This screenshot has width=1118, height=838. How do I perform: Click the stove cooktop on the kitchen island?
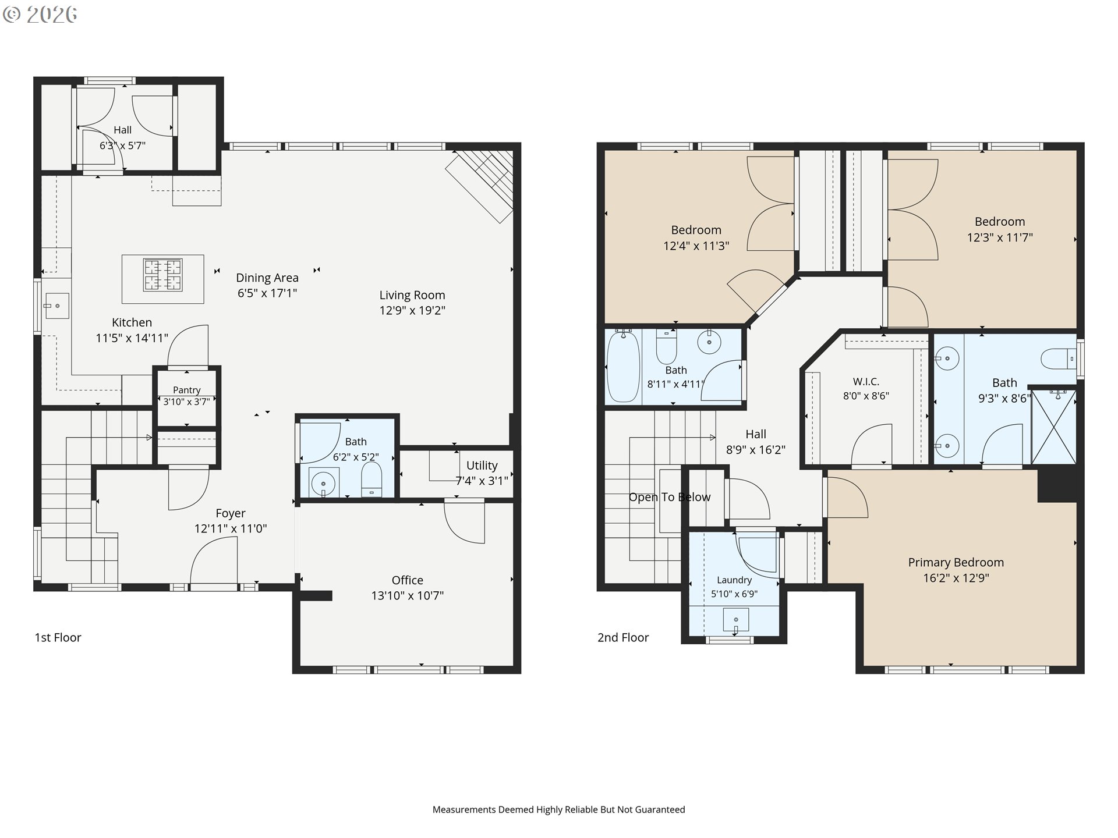pos(163,275)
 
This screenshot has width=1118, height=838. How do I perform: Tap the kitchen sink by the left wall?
pos(57,306)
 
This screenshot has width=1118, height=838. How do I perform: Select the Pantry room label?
pos(186,390)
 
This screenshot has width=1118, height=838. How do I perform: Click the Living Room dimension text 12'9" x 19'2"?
pos(412,311)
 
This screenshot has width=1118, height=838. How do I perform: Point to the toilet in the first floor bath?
pos(372,480)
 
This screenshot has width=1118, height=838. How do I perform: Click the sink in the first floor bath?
pos(323,483)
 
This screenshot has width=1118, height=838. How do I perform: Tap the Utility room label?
pos(482,466)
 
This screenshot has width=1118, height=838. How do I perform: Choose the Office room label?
pos(408,580)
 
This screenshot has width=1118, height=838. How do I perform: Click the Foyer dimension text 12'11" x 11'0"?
pos(231,529)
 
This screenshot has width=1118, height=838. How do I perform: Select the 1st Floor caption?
pos(58,638)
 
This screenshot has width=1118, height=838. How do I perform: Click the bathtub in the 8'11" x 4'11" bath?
pos(623,366)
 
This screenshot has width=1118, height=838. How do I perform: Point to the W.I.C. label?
pos(866,382)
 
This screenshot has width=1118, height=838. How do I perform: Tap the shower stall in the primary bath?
pos(1054,427)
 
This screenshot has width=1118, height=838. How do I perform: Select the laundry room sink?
pos(736,620)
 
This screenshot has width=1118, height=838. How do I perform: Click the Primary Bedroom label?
pos(956,563)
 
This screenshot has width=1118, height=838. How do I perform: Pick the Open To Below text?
pos(670,498)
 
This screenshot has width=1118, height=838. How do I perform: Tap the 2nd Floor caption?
pos(623,638)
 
